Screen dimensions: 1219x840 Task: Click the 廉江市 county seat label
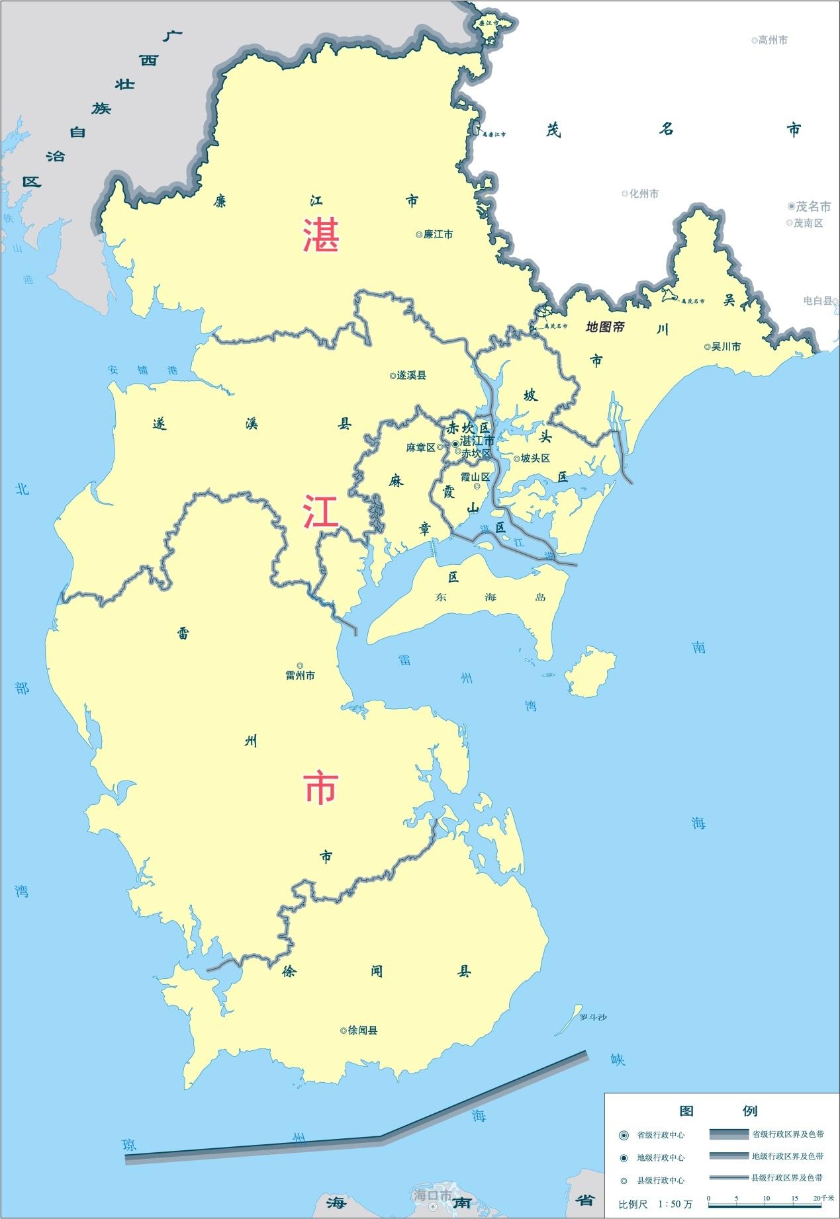(x=438, y=234)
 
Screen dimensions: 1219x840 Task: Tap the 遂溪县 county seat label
(x=411, y=375)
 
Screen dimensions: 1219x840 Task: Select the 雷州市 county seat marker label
(x=300, y=675)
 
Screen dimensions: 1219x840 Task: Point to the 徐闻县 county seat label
(x=362, y=1030)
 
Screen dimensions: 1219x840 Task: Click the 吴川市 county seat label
(x=725, y=347)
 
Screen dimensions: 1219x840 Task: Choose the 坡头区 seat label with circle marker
(x=535, y=458)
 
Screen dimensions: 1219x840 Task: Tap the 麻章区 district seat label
(x=421, y=448)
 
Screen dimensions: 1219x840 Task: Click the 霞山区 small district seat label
(x=475, y=477)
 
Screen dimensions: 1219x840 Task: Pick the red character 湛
(x=321, y=235)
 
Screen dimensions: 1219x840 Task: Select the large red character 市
(x=321, y=788)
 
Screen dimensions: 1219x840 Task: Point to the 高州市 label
(x=772, y=40)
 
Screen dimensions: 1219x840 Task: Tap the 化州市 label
(x=643, y=194)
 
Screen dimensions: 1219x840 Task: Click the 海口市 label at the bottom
(x=432, y=1196)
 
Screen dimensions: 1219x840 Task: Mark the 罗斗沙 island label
(x=592, y=1017)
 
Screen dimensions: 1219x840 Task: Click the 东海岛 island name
(x=490, y=597)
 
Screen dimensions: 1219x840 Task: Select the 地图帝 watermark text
(x=606, y=327)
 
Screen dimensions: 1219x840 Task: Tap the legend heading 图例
(x=718, y=1111)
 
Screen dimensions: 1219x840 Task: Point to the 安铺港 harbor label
(x=143, y=370)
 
